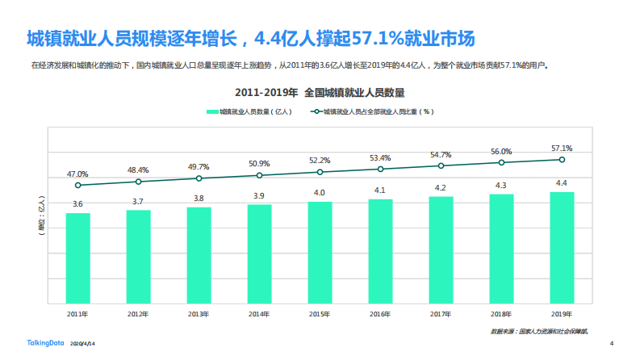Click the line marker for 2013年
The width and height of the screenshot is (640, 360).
[199, 178]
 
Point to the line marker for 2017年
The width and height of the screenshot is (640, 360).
[441, 165]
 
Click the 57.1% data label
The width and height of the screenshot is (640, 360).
[562, 149]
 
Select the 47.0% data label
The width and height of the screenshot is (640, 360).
[77, 174]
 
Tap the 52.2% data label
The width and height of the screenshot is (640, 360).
[320, 161]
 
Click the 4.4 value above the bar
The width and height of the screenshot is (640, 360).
[562, 183]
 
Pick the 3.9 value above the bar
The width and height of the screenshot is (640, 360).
[259, 196]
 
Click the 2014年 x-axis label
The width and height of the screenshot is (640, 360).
[259, 314]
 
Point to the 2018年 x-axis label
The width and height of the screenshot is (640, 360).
[501, 314]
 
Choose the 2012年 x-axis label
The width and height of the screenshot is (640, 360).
[138, 314]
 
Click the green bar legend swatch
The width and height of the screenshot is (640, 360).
[211, 112]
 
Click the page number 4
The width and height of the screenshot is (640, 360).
[612, 342]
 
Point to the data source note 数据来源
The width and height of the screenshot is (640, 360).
[539, 331]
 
